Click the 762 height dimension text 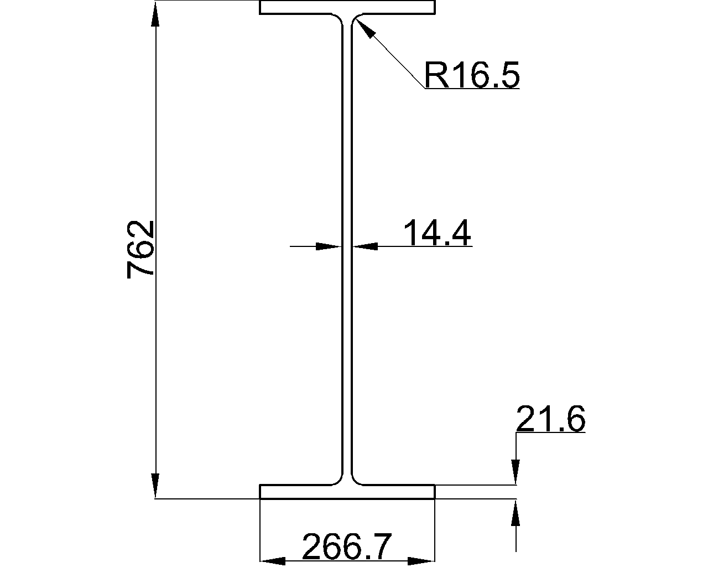click(140, 249)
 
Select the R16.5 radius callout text click(472, 75)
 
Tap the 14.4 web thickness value click(437, 233)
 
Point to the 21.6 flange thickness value click(551, 419)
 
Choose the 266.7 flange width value click(347, 547)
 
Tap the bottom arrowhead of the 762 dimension click(155, 486)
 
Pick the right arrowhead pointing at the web click(365, 246)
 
